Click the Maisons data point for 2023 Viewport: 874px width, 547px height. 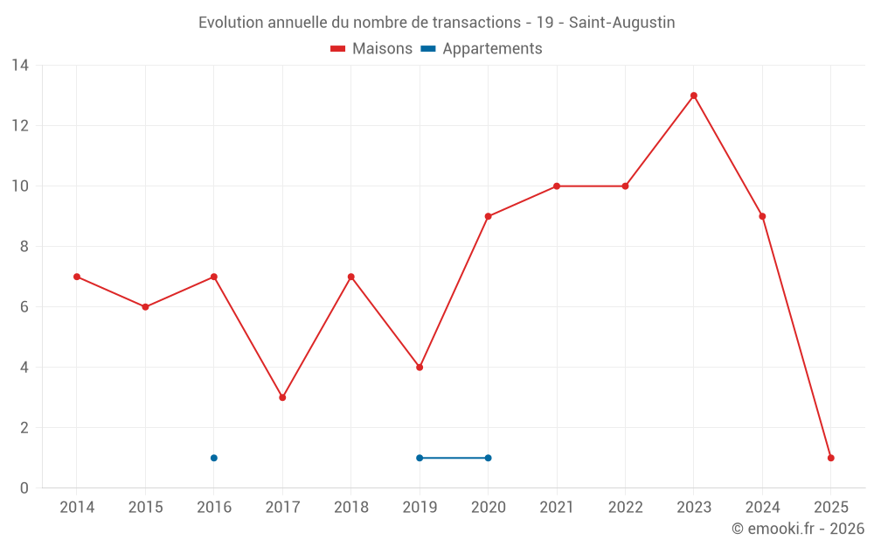click(694, 95)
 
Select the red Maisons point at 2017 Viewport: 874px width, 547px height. click(282, 397)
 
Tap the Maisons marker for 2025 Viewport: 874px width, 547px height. click(831, 458)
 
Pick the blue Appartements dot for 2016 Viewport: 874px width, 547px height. click(214, 458)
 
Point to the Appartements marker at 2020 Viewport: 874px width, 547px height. click(488, 458)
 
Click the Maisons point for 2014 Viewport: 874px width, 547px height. click(77, 277)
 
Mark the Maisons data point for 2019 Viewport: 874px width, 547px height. click(420, 368)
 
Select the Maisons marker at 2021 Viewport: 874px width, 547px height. click(557, 186)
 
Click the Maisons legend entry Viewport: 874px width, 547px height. click(371, 49)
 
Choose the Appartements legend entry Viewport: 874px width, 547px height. click(482, 49)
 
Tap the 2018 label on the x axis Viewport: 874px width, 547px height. click(351, 508)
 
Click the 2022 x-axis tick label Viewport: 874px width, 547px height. click(625, 508)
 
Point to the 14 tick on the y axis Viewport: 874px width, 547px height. click(20, 66)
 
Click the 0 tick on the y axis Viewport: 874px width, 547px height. click(24, 488)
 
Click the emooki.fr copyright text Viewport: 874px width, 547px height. click(798, 529)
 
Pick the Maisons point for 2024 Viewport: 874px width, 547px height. click(762, 216)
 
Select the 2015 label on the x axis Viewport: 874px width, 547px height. click(145, 508)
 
